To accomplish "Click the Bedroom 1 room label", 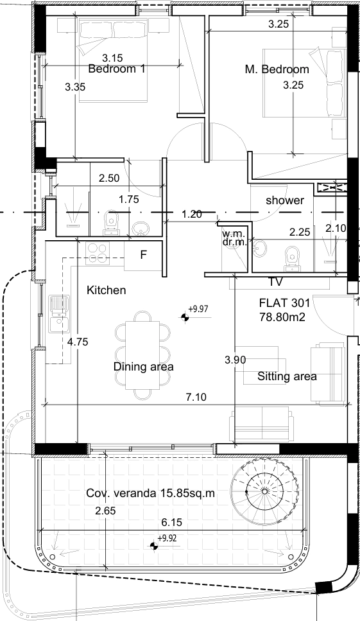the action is pyautogui.click(x=117, y=69).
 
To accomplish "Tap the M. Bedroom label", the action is pyautogui.click(x=277, y=69).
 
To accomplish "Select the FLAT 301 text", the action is pyautogui.click(x=284, y=303).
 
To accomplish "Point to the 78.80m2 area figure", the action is pyautogui.click(x=282, y=317).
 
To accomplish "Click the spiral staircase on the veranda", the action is pyautogui.click(x=264, y=491).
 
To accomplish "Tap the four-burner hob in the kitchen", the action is pyautogui.click(x=98, y=254).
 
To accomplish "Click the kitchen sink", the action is pyautogui.click(x=59, y=313).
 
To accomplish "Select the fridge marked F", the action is pyautogui.click(x=143, y=255).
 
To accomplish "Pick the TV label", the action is pyautogui.click(x=276, y=282).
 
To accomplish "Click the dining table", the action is pyautogui.click(x=143, y=355).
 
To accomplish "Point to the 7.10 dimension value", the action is pyautogui.click(x=196, y=397).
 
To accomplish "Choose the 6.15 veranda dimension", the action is pyautogui.click(x=172, y=522).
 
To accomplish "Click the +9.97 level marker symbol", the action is pyautogui.click(x=184, y=317).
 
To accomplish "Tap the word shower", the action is pyautogui.click(x=285, y=200).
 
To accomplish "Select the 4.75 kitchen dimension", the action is pyautogui.click(x=78, y=342).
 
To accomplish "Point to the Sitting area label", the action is pyautogui.click(x=287, y=376).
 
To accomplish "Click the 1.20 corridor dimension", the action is pyautogui.click(x=192, y=214).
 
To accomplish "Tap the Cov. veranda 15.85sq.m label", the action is pyautogui.click(x=151, y=493).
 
